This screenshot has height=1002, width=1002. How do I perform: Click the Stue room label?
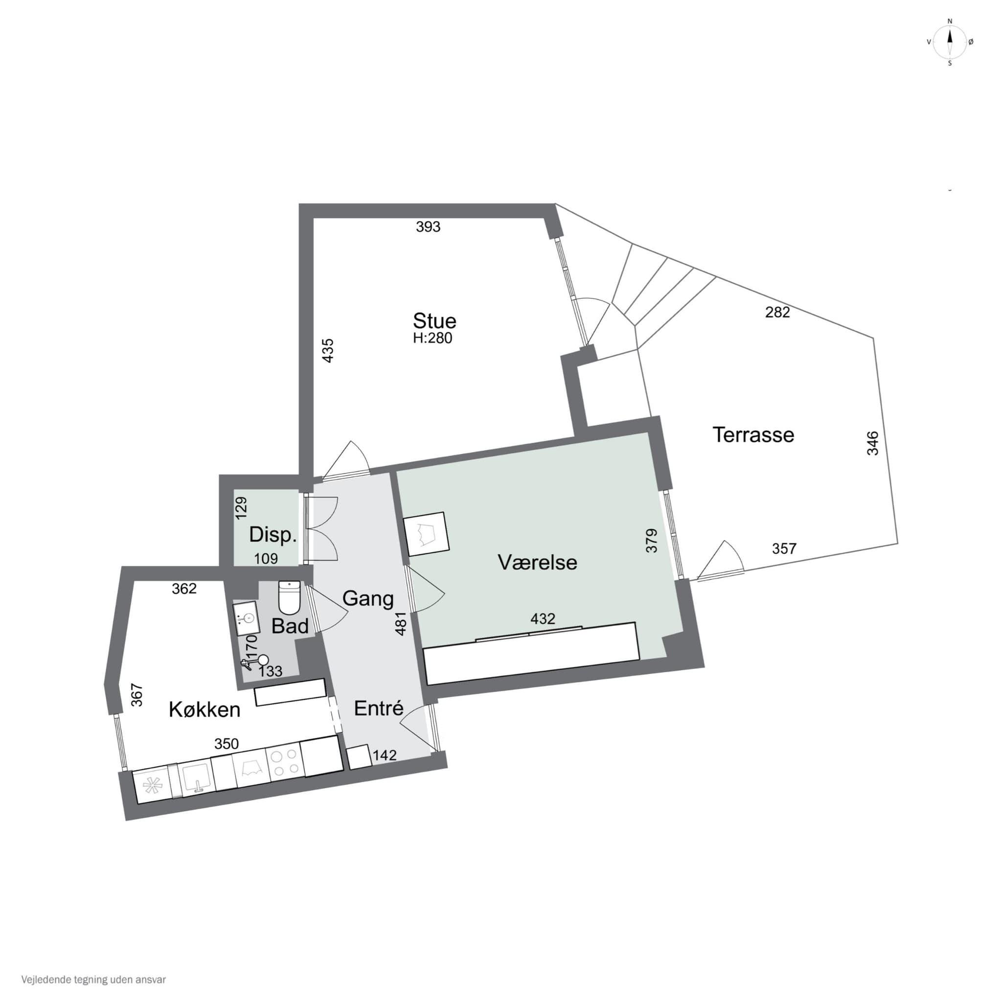click(434, 320)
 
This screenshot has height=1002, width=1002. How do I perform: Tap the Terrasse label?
click(753, 434)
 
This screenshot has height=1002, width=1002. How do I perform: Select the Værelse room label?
click(537, 562)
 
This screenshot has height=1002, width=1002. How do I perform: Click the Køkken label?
click(205, 709)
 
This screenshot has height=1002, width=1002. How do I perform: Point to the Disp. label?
click(273, 535)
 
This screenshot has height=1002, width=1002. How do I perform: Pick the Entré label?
click(379, 708)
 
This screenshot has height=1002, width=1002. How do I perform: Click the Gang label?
click(368, 599)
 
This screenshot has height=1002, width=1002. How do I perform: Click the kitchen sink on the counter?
click(196, 777)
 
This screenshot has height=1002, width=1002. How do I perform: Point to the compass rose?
click(950, 42)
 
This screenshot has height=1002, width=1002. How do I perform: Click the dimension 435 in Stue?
click(328, 350)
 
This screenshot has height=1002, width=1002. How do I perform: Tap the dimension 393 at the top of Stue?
click(428, 227)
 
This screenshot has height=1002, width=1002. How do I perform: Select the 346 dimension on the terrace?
click(873, 443)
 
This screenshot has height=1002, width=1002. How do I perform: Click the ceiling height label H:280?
click(433, 338)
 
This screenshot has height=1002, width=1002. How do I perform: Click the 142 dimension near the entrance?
click(384, 755)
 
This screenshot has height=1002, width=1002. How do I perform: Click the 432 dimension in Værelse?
click(543, 619)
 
